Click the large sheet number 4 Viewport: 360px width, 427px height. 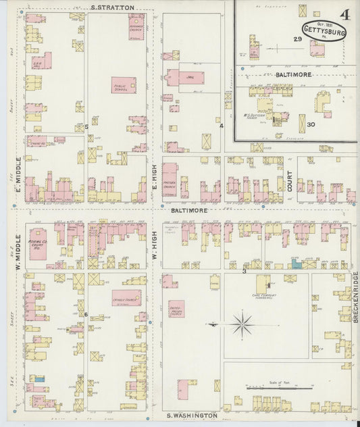pyautogui.click(x=345, y=15)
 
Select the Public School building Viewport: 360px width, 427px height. pyautogui.click(x=124, y=85)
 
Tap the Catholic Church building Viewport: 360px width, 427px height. pyautogui.click(x=126, y=298)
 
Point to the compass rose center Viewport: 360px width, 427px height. pyautogui.click(x=241, y=325)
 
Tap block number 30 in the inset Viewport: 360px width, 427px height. pyautogui.click(x=311, y=124)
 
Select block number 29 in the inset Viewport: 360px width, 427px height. pyautogui.click(x=297, y=39)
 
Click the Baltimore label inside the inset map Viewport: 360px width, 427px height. pyautogui.click(x=293, y=74)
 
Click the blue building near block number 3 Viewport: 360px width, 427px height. pyautogui.click(x=297, y=266)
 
